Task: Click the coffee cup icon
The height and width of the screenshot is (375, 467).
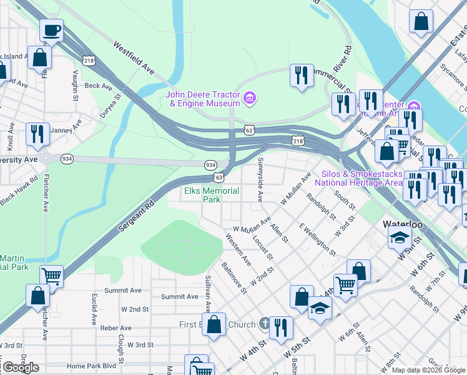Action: click(51, 29)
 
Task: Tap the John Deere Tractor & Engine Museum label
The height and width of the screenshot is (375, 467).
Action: click(203, 99)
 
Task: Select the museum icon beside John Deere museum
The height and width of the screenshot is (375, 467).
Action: click(250, 98)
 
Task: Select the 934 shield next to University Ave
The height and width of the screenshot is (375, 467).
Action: click(67, 159)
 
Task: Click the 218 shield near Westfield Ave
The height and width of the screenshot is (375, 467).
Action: click(89, 60)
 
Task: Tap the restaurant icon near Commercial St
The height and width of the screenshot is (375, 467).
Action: click(302, 76)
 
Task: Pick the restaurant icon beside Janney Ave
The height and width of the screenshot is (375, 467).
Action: click(37, 134)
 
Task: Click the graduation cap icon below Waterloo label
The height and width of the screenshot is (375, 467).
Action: click(400, 238)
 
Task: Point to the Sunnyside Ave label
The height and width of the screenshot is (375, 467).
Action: click(260, 179)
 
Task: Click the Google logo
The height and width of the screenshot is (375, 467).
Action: click(20, 367)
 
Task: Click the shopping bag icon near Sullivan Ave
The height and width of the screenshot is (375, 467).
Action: click(214, 324)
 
